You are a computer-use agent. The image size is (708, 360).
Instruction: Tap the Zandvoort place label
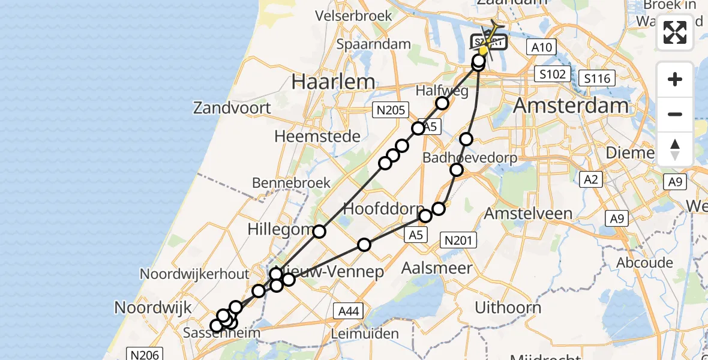click(x=232, y=109)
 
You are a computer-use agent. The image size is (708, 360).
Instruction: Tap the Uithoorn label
click(x=508, y=308)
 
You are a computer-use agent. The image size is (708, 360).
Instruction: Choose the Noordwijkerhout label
click(x=194, y=274)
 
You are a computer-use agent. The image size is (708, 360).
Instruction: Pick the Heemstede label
click(x=317, y=136)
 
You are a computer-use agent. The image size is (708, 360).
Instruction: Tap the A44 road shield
click(x=349, y=310)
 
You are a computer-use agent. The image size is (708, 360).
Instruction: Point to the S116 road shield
click(x=597, y=78)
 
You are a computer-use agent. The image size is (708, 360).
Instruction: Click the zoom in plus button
click(x=675, y=79)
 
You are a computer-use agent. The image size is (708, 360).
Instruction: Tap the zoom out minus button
click(x=675, y=114)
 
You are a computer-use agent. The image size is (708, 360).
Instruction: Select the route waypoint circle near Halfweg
click(x=442, y=103)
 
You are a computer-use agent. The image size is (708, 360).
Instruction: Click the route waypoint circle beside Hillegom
click(x=319, y=232)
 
